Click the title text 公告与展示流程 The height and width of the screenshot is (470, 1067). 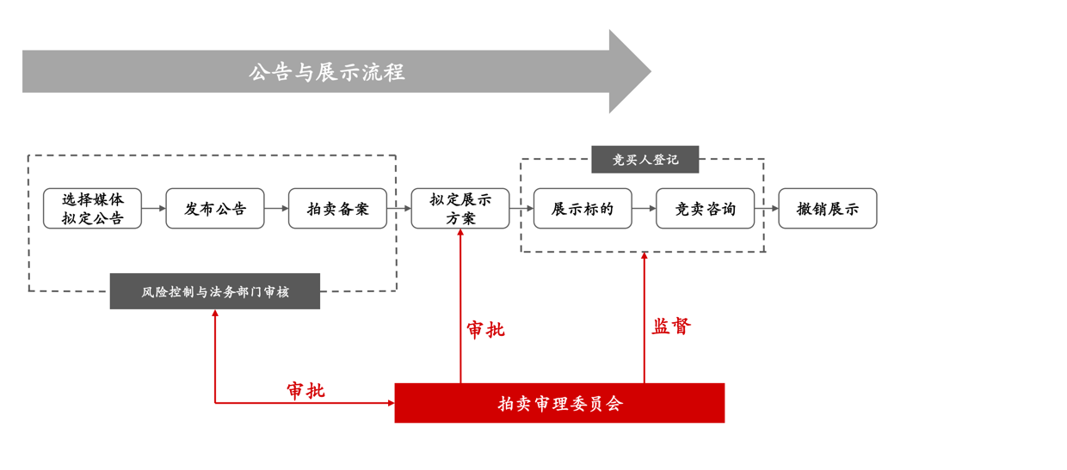coord(326,72)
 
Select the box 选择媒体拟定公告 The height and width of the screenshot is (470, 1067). coord(92,209)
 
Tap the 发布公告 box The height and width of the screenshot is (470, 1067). coord(215,209)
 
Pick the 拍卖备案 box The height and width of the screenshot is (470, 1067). coord(337,209)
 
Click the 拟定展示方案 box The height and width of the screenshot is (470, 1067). coord(460,209)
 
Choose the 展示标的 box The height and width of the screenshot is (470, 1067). coord(583,209)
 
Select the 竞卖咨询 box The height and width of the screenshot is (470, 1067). coord(705,209)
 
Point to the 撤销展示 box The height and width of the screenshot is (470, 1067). coord(828,209)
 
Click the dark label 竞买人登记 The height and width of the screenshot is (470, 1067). coord(645,160)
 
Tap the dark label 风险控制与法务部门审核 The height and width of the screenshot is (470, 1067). coord(215,292)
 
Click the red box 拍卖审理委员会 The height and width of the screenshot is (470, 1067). coord(559,403)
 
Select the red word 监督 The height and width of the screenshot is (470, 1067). coord(671,327)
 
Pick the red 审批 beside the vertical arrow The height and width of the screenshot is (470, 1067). coord(486,330)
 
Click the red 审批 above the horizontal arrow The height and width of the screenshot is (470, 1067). coord(305,391)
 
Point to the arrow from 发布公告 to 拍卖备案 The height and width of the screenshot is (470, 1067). coord(276,209)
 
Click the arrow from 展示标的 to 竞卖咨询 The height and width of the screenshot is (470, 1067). coord(644,209)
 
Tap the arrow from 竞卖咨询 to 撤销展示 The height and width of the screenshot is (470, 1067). coord(767,209)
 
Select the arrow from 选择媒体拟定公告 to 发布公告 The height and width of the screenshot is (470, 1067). coord(154,209)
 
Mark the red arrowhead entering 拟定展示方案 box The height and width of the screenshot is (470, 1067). coord(460,234)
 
